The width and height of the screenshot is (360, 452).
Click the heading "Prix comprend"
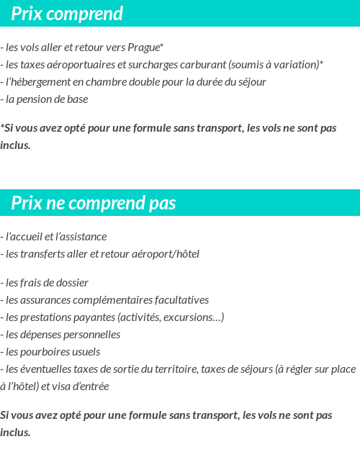pos(67,14)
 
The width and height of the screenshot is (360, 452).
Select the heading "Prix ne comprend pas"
pos(93,204)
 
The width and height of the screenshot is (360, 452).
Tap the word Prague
pos(144,48)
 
